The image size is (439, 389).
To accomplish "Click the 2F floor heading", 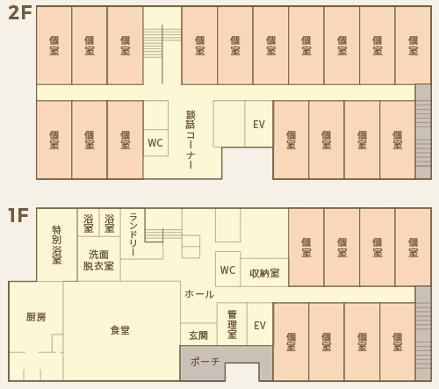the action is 20,13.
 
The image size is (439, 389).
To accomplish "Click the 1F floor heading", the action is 18,215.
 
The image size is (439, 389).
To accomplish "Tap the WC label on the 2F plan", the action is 155,143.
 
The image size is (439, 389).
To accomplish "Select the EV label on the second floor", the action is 259,125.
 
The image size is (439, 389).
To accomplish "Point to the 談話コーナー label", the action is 191,140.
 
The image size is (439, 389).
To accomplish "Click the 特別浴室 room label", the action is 57,245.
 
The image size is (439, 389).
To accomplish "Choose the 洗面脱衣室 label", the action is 98,260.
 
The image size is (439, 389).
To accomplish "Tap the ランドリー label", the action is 133,234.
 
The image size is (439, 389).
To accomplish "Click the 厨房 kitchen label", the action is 36,317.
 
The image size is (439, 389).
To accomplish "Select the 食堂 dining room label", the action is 120,330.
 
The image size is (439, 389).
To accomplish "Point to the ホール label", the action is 199,294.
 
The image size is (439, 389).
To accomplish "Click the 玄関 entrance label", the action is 198,335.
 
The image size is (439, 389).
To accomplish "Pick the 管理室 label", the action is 232,325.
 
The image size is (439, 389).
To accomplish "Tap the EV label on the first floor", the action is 260,326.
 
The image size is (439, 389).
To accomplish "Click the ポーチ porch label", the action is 205,362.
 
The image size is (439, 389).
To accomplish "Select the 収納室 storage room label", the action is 264,273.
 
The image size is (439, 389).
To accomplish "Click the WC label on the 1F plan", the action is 227,270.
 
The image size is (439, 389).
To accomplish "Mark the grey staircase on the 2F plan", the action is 423,132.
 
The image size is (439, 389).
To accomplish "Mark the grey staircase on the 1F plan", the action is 423,334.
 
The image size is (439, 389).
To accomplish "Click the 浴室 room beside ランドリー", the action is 110,223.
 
